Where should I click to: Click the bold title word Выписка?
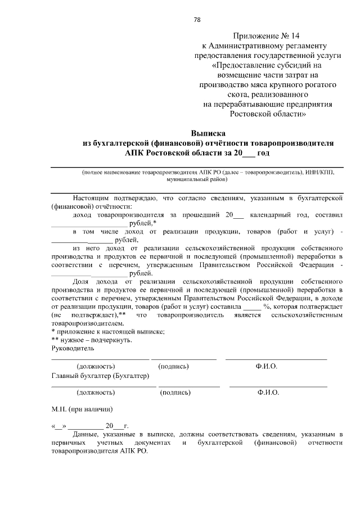[x=208, y=134]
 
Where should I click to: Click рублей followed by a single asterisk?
[x=143, y=223]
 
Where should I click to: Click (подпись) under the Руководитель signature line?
[x=174, y=366]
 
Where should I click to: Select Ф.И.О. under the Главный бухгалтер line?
[x=268, y=393]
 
